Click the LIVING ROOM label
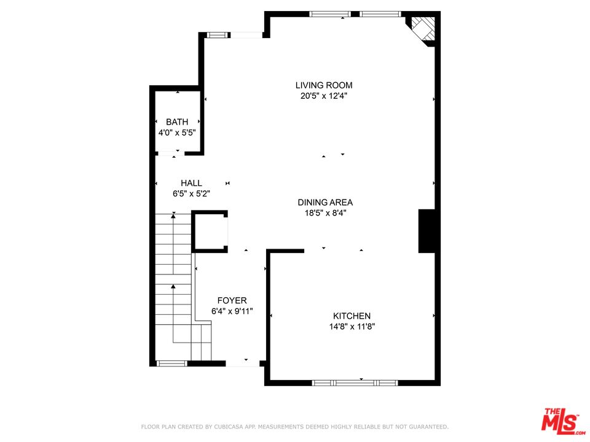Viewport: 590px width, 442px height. pos(324,85)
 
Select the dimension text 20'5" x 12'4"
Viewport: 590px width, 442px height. pos(324,96)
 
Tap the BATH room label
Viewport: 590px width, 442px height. pos(177,122)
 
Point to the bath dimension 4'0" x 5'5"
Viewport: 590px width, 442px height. pos(177,132)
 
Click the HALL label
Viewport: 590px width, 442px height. pos(191,183)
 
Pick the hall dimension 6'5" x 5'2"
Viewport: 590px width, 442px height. pos(191,193)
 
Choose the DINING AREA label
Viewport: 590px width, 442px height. pos(325,202)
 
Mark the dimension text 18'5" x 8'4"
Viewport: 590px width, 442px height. pos(325,213)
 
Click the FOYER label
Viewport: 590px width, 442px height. pos(232,301)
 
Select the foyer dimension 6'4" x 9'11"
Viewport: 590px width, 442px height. pos(232,311)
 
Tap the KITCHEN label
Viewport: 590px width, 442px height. pos(352,316)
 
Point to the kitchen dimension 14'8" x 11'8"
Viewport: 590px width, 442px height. pos(352,327)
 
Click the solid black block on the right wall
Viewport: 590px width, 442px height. pos(427,231)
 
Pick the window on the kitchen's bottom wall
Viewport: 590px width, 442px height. pos(355,382)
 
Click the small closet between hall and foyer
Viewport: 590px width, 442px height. pos(211,231)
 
